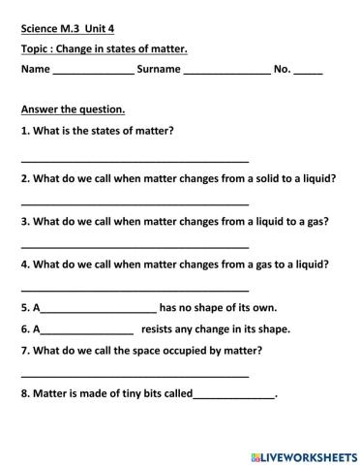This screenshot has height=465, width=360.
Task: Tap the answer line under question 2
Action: (135, 202)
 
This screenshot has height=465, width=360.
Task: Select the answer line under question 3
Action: (135, 246)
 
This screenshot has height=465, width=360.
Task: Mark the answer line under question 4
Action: (135, 289)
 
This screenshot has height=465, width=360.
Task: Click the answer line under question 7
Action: (135, 374)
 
